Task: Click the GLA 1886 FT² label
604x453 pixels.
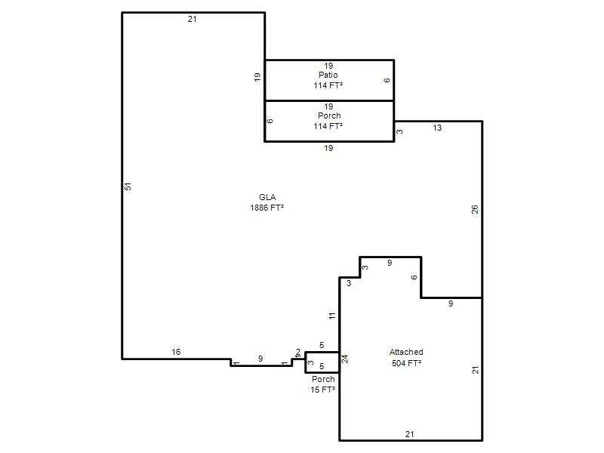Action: pos(267,202)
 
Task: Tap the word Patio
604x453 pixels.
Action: pos(328,75)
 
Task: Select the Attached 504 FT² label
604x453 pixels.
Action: pos(406,357)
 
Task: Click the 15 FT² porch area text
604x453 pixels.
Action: pos(323,390)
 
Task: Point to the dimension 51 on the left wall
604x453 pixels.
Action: pos(128,186)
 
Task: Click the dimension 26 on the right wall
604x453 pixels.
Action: pos(475,209)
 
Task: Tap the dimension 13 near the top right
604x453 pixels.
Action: pos(437,128)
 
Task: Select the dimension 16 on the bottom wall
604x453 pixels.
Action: pos(176,352)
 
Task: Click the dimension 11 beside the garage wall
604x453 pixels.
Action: pos(332,316)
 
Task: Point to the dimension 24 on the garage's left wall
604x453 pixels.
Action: pos(345,359)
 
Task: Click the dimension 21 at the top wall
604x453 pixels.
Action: pos(193,19)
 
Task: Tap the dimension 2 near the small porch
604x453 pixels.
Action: pos(297,352)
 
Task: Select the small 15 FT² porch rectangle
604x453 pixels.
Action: pos(322,362)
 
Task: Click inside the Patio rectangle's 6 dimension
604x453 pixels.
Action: pos(387,80)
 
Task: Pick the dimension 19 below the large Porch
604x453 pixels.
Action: pos(328,148)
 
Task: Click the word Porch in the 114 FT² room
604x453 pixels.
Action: pos(329,116)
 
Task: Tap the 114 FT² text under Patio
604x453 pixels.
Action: pos(328,85)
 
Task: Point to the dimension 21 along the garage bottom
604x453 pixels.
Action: pos(410,434)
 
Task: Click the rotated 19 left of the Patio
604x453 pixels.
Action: pos(257,77)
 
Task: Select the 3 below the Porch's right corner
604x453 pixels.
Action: pos(400,131)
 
